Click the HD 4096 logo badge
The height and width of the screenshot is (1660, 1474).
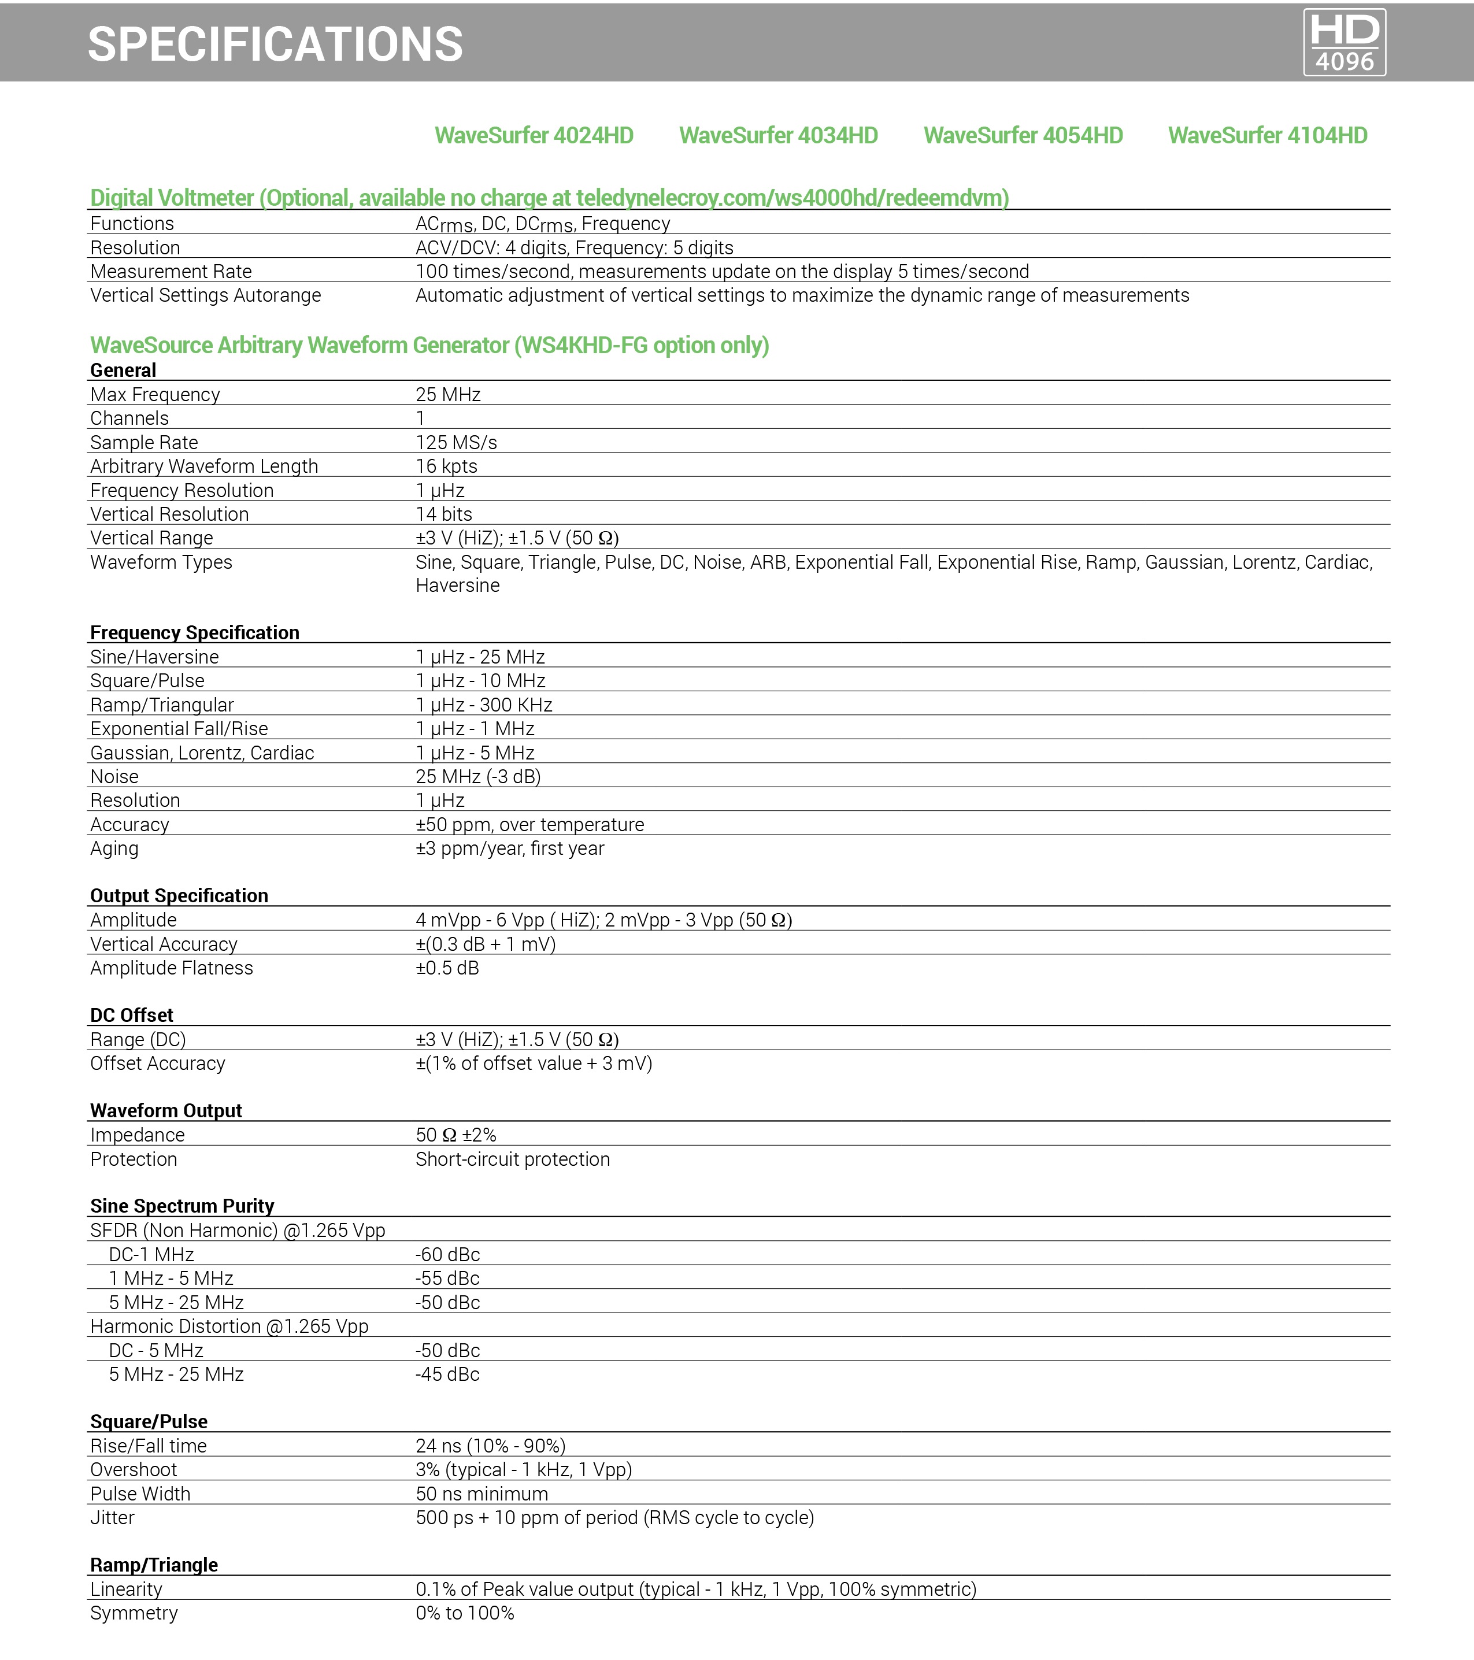1344,42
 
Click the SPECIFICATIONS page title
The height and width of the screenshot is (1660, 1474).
275,44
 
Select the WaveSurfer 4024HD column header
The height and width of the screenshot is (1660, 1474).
534,136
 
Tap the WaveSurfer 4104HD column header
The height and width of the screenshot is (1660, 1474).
1267,136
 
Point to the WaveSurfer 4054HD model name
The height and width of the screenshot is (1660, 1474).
1023,136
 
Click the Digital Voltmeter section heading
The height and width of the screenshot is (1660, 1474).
549,197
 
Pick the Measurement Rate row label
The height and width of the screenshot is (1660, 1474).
171,271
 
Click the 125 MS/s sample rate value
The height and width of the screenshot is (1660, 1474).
455,443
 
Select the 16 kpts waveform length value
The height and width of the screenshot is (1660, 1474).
446,466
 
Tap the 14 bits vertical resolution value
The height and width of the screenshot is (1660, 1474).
443,514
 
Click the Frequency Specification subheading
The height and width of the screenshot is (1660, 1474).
194,633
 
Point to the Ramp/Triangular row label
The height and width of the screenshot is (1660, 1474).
162,705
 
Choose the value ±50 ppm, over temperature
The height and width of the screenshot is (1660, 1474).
529,824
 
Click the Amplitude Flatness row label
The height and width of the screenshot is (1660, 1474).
171,968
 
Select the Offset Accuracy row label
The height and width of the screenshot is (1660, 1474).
158,1064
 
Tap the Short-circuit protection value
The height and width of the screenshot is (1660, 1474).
513,1159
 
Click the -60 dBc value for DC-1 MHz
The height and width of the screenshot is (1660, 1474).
447,1255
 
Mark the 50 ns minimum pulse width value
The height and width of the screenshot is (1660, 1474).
482,1494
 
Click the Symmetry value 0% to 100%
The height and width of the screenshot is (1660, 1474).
465,1613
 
